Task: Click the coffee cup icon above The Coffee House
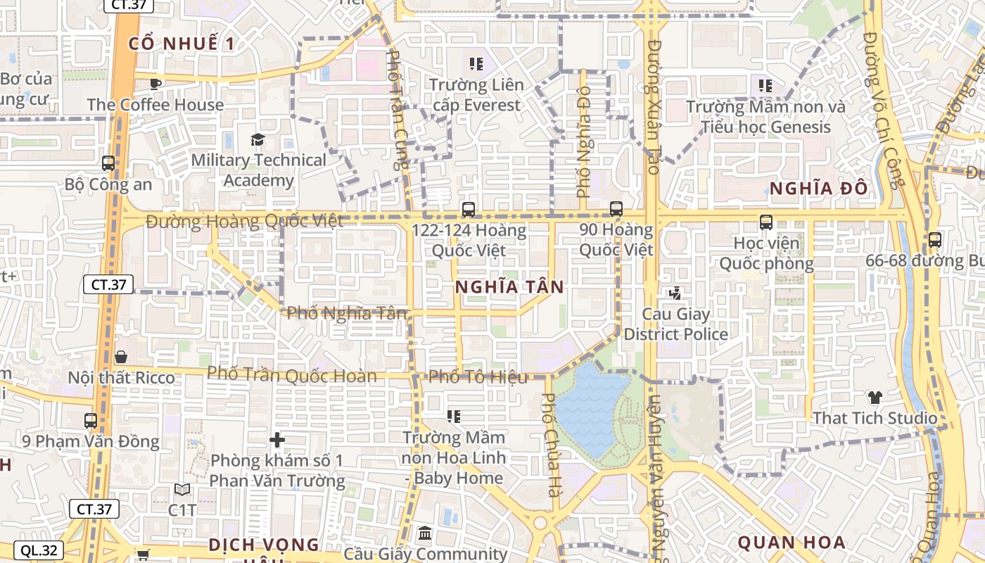pos(155,84)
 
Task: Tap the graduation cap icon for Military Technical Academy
pos(258,139)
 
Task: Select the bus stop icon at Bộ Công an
pos(108,163)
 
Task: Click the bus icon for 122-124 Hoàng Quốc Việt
pos(468,209)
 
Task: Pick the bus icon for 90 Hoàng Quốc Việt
pos(616,208)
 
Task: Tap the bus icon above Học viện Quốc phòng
pos(766,222)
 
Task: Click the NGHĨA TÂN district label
pos(509,287)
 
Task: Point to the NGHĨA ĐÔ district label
pos(818,189)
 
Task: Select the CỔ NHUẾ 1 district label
pos(182,44)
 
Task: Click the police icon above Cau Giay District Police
pos(675,292)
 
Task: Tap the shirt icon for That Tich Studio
pos(875,398)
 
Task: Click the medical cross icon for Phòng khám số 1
pos(277,441)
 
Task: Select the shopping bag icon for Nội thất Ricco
pos(121,357)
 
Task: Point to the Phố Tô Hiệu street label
pos(478,377)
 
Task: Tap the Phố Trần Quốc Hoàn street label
pos(292,374)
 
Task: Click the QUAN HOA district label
pos(791,543)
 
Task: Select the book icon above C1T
pos(182,489)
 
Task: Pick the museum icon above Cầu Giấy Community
pos(425,533)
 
